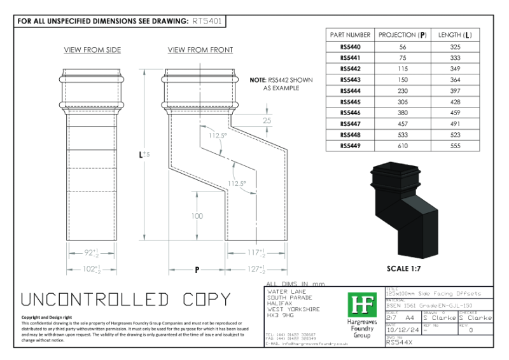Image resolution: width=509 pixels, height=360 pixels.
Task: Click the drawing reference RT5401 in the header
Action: (x=207, y=20)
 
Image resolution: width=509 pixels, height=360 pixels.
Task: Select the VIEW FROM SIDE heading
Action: (x=92, y=50)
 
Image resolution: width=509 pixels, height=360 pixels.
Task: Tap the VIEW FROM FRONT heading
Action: (x=200, y=50)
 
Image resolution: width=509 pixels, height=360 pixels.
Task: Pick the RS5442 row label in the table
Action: (x=350, y=68)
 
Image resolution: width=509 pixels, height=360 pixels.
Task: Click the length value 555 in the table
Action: (x=456, y=146)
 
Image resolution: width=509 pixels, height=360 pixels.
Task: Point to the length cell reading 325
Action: (x=456, y=47)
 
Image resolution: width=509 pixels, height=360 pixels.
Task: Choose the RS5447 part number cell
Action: (x=350, y=124)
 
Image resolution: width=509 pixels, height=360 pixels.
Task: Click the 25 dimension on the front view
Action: (x=267, y=120)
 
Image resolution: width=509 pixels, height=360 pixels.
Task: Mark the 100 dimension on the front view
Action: (x=197, y=216)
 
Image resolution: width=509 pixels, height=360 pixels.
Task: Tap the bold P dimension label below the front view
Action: (x=197, y=270)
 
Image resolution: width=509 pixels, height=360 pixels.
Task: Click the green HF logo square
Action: (x=362, y=306)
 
